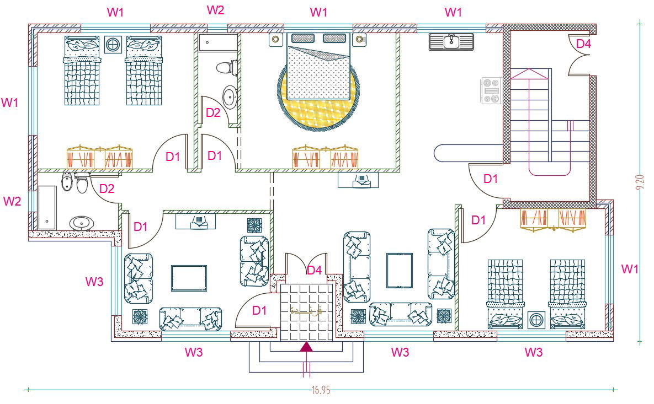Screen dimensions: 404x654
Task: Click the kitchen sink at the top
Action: click(451, 41)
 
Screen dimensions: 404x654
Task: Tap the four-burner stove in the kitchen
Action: click(490, 90)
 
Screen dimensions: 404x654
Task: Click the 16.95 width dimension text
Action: click(321, 390)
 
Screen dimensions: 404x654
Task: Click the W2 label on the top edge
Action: click(215, 10)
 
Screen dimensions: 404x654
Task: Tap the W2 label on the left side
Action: click(12, 201)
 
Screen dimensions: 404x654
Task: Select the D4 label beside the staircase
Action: click(583, 44)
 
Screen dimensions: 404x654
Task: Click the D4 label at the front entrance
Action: click(314, 270)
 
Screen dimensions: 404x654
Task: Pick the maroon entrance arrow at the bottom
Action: click(305, 346)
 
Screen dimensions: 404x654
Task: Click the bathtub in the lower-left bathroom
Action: click(47, 207)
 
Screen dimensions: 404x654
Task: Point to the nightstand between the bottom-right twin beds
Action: click(535, 320)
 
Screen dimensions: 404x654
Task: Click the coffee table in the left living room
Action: click(189, 278)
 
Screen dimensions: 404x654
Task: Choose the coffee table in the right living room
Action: click(399, 270)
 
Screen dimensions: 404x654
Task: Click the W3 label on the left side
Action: click(94, 282)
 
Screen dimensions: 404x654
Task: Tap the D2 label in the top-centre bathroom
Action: click(213, 113)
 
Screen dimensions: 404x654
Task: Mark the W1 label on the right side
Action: click(630, 269)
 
